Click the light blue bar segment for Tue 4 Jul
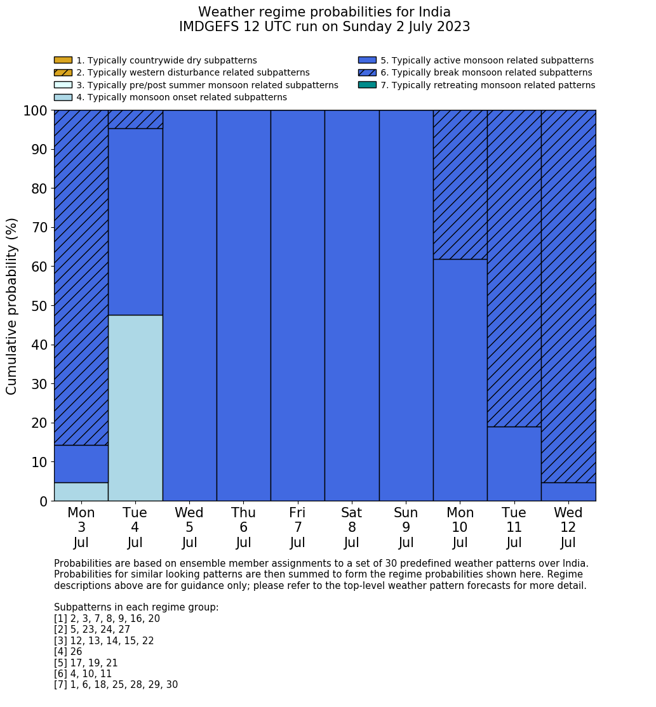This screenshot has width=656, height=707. point(135,407)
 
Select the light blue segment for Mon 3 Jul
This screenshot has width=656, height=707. point(81,491)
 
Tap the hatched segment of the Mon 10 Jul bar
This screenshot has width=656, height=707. point(460,185)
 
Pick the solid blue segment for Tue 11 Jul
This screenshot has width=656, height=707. point(514,463)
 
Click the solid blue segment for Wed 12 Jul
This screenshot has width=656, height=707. point(568,491)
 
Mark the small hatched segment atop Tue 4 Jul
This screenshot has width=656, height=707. point(135,119)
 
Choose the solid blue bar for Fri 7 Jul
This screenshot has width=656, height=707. point(297,305)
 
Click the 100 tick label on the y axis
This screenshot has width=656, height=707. point(35,111)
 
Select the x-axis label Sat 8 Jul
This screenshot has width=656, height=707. point(352,527)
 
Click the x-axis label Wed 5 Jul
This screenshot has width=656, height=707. point(189,527)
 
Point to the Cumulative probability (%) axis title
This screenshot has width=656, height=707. point(12,306)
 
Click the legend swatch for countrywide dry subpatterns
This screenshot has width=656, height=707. point(63,60)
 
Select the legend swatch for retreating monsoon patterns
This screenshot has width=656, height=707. point(367,85)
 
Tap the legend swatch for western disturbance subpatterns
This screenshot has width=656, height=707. point(63,72)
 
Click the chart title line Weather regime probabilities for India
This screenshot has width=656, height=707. point(325,12)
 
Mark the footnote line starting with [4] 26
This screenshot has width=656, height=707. point(68,652)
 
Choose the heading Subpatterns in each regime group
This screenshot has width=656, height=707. point(136,607)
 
